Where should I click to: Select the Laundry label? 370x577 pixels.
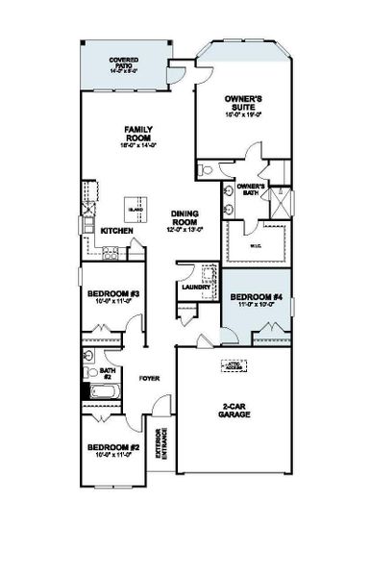[x=189, y=287]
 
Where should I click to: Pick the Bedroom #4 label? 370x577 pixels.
[x=255, y=296]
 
